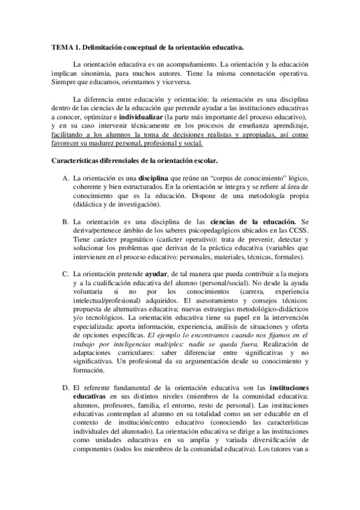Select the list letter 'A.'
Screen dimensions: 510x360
click(x=66, y=179)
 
